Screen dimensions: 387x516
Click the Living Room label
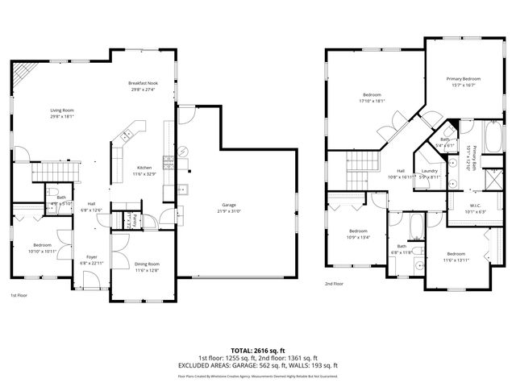(62, 111)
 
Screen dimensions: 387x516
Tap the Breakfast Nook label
(142, 84)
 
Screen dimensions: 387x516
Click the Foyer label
(91, 257)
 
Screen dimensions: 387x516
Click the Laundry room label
(429, 170)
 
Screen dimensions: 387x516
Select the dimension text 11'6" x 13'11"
(456, 260)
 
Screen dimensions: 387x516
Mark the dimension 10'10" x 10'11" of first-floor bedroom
(43, 251)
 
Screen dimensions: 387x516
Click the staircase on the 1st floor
(56, 170)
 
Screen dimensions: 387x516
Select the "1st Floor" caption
(19, 295)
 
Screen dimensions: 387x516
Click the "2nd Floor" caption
(335, 284)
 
